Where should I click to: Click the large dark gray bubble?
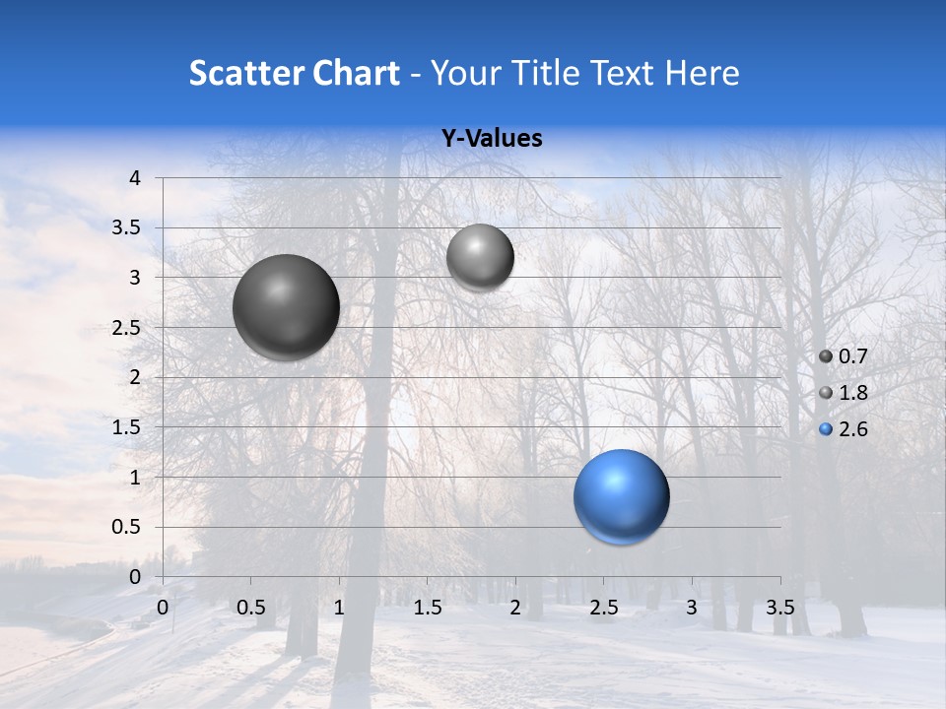click(x=287, y=307)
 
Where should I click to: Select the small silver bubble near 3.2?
click(x=480, y=257)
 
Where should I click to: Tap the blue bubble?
click(x=622, y=496)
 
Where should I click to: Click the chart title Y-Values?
click(x=492, y=139)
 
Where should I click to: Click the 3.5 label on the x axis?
click(x=780, y=608)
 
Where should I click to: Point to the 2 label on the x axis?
click(x=515, y=608)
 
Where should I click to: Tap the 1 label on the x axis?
click(x=339, y=608)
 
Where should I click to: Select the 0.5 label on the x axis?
click(x=250, y=608)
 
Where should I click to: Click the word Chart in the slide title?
click(x=355, y=73)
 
